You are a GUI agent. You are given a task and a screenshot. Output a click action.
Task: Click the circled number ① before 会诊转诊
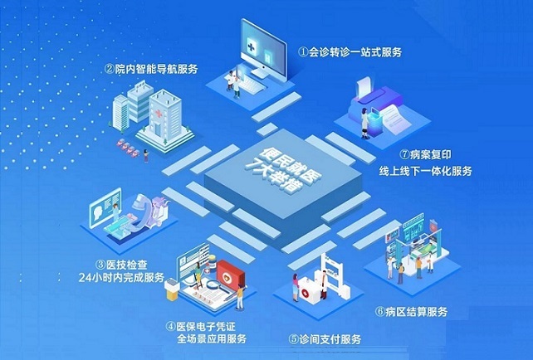coord(303,51)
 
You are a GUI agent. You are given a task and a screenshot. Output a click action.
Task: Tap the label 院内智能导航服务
coord(156,69)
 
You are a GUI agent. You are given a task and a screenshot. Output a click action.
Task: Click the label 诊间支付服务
coord(330,338)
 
